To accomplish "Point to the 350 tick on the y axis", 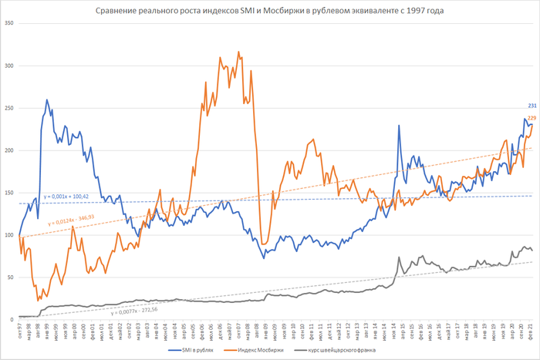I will click(x=9, y=23).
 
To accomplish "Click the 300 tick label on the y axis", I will click(x=9, y=66).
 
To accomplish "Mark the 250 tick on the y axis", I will click(x=9, y=108).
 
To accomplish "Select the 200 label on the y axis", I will click(x=9, y=150).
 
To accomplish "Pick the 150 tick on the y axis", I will click(x=9, y=193).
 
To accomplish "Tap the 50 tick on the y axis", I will click(x=11, y=277).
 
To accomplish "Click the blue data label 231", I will click(x=532, y=106).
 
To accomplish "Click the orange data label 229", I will click(x=532, y=118).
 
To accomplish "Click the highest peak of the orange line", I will click(x=238, y=52).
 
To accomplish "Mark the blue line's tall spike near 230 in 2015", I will click(x=399, y=126).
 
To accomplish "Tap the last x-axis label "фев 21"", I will click(x=531, y=330).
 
